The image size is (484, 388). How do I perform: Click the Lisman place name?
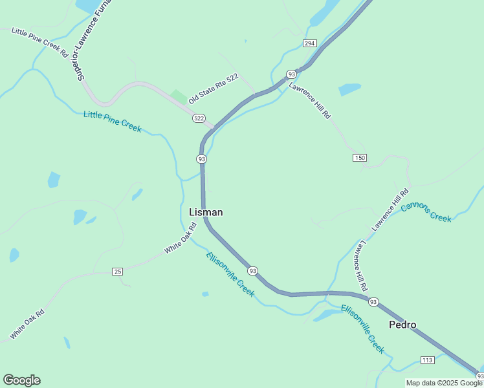tap(206, 212)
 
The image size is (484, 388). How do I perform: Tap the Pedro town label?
tap(402, 325)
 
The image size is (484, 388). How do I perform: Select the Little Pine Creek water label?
tap(113, 122)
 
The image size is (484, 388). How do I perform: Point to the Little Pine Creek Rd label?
tap(39, 42)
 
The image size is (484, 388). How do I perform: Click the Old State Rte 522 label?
tap(214, 89)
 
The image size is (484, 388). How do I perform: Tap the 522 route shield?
tap(199, 118)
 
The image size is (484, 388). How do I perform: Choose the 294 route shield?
tap(309, 43)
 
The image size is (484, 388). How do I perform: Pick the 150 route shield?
tap(360, 158)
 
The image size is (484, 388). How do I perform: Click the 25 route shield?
tap(117, 271)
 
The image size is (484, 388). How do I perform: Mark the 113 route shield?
tap(427, 360)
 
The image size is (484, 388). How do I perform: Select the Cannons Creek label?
tap(426, 212)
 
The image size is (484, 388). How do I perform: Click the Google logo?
tap(21, 380)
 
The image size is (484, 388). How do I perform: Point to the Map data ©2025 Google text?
tap(445, 383)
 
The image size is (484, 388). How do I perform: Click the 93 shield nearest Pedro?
tap(373, 301)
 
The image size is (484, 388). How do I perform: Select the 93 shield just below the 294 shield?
tap(292, 74)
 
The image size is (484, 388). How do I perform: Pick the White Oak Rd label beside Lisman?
tap(180, 239)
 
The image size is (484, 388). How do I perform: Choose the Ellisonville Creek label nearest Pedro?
tap(362, 329)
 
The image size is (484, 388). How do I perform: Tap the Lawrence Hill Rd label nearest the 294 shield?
tap(310, 100)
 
